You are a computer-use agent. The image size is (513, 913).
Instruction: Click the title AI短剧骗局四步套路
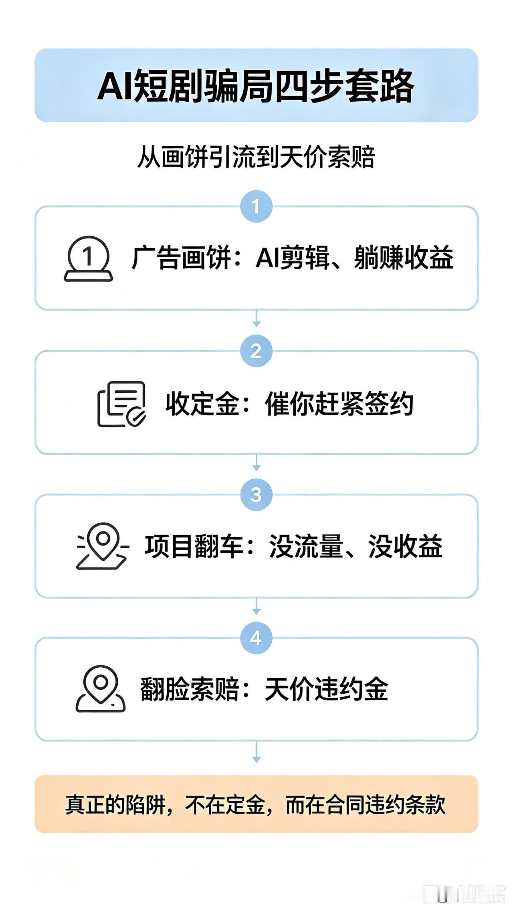(x=256, y=86)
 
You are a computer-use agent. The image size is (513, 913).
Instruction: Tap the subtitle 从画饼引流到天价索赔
(x=256, y=157)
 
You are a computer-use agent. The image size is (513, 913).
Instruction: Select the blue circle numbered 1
(x=256, y=206)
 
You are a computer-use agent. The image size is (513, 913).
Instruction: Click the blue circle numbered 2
(x=256, y=351)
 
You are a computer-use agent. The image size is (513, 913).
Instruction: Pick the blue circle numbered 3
(x=256, y=494)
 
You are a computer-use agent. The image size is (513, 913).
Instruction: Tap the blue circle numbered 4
(x=256, y=637)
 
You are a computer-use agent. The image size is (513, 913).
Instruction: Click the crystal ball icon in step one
(x=88, y=259)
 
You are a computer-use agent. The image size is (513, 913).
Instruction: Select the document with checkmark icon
(x=121, y=404)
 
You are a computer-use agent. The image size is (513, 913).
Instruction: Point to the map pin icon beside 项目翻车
(x=103, y=545)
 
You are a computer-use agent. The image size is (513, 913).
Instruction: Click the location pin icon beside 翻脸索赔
(x=101, y=689)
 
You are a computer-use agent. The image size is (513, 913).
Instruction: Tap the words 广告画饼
(x=181, y=258)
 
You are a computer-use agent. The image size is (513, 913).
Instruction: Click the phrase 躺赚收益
(x=404, y=258)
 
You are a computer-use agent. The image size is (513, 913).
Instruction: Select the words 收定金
(x=203, y=403)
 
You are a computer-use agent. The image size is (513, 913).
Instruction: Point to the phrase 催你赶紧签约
(x=339, y=403)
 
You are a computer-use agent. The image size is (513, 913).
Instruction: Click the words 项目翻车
(x=194, y=546)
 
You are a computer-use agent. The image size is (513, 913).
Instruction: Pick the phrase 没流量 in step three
(x=306, y=546)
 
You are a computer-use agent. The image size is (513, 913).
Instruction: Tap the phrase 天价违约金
(x=327, y=689)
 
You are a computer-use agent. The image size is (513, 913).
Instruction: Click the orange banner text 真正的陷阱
(x=115, y=804)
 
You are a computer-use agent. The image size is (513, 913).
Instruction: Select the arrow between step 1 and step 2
(x=256, y=318)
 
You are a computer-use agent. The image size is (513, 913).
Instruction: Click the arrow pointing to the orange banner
(x=256, y=752)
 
